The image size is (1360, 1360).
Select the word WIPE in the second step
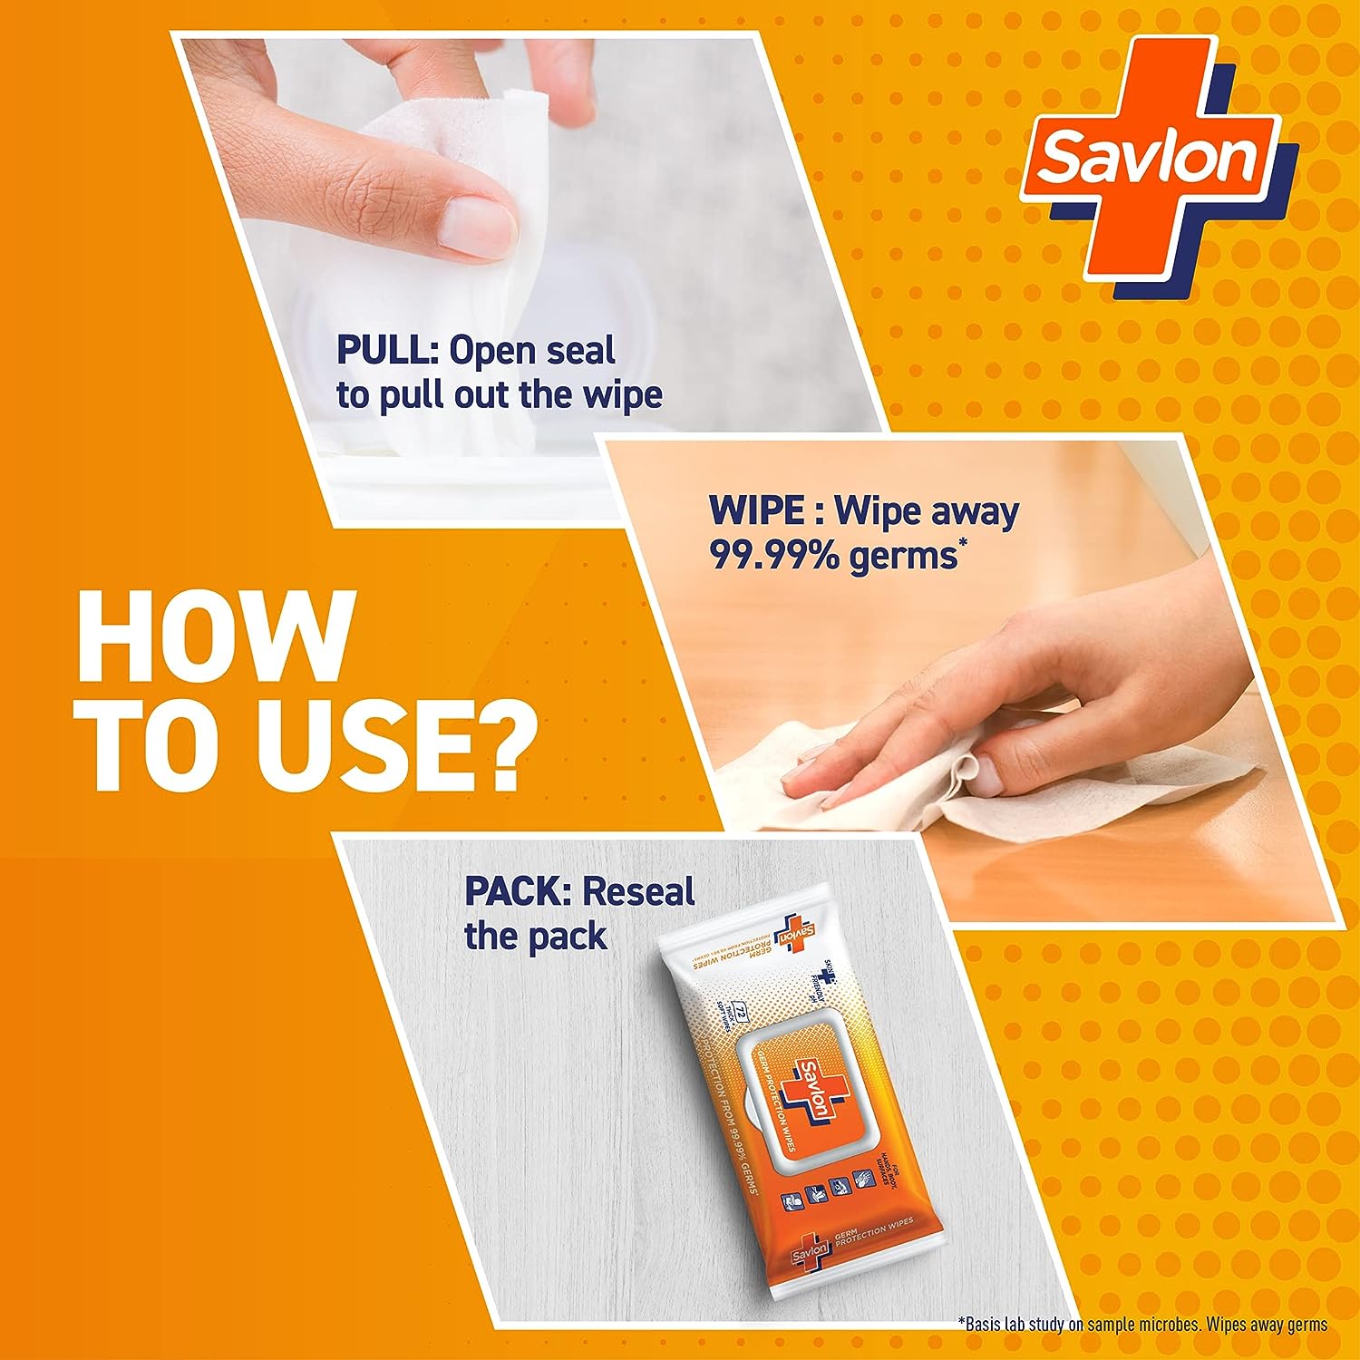[755, 511]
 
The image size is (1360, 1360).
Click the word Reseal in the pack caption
[638, 892]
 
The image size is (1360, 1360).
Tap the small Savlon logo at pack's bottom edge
[811, 1252]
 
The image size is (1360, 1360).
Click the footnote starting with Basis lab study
[1142, 1325]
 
